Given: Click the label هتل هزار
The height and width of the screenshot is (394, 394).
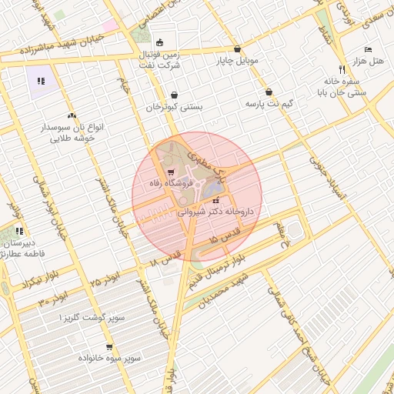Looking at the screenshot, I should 368,60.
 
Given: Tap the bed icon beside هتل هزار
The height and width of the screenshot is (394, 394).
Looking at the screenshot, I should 369,48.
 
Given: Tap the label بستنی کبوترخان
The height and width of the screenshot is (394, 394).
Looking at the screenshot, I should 175,107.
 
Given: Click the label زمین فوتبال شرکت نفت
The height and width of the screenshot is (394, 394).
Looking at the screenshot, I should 164,60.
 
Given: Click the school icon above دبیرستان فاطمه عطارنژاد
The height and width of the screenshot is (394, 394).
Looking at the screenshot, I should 19,231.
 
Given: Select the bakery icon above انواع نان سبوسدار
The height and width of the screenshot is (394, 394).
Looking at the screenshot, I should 72,115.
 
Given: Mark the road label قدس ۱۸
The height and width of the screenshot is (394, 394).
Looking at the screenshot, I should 166,257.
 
